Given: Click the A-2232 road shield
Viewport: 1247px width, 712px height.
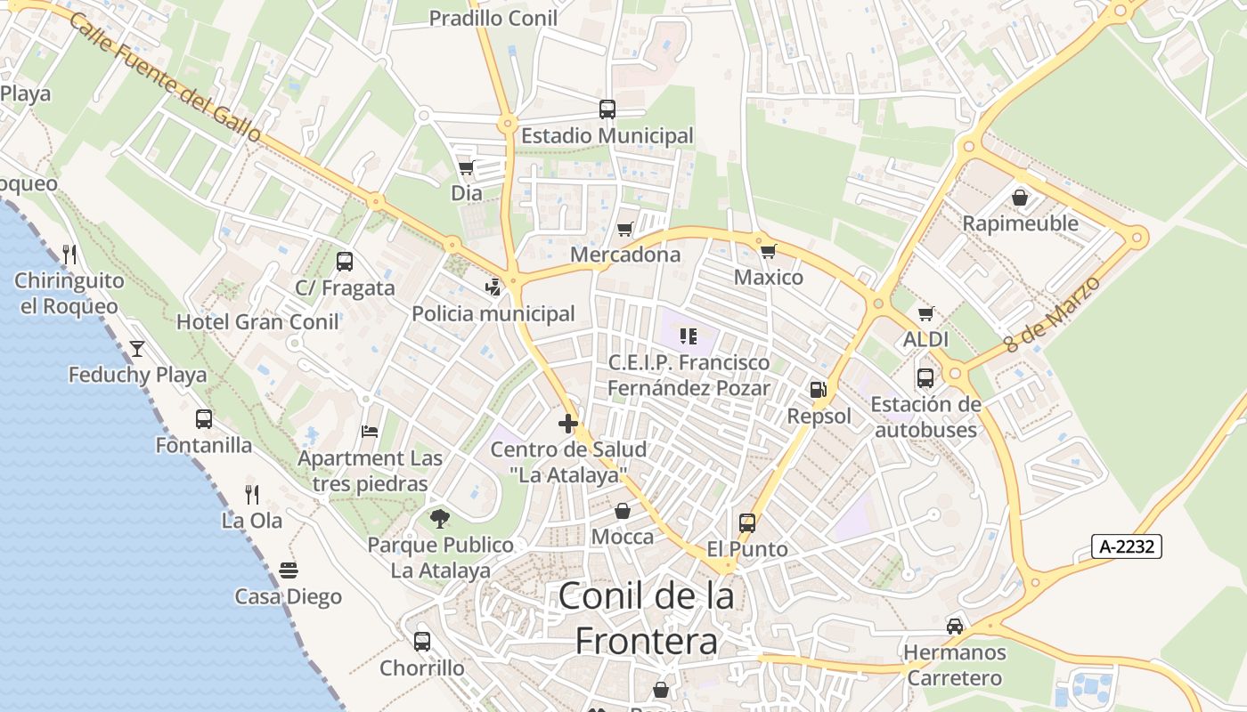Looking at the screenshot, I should click(1126, 546).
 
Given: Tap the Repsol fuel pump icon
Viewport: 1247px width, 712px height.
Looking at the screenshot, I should click(818, 389).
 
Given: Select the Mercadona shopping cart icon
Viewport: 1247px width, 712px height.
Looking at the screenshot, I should click(625, 229).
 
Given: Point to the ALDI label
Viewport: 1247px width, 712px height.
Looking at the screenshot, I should click(925, 339).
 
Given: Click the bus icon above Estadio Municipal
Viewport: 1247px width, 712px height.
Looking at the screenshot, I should click(607, 109).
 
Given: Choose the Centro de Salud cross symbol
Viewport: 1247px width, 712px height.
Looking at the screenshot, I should click(567, 424).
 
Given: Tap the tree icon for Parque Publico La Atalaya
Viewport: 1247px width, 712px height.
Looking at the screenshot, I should click(439, 518).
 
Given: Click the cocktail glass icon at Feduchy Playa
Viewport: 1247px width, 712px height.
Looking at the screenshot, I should click(137, 348).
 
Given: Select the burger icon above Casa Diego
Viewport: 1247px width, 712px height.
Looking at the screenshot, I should click(288, 570).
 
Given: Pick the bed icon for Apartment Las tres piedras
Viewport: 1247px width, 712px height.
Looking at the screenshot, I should click(370, 432).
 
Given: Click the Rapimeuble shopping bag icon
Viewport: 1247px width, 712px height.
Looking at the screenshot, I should click(1020, 198).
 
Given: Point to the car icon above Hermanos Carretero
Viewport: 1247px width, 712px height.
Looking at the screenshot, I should click(955, 626).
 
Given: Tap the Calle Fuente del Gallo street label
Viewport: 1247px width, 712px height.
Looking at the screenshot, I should click(164, 77).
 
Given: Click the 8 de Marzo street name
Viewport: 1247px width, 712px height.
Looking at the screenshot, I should click(1052, 314).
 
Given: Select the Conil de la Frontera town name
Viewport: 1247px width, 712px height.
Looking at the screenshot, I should click(647, 618).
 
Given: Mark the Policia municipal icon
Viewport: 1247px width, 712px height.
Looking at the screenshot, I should click(493, 287).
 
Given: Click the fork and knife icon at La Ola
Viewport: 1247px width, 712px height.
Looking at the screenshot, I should click(252, 495).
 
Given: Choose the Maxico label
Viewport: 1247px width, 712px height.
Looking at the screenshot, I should click(768, 277).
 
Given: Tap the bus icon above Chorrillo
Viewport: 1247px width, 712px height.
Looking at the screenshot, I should click(422, 641).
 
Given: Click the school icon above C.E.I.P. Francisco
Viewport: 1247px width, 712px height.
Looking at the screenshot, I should click(688, 336).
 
